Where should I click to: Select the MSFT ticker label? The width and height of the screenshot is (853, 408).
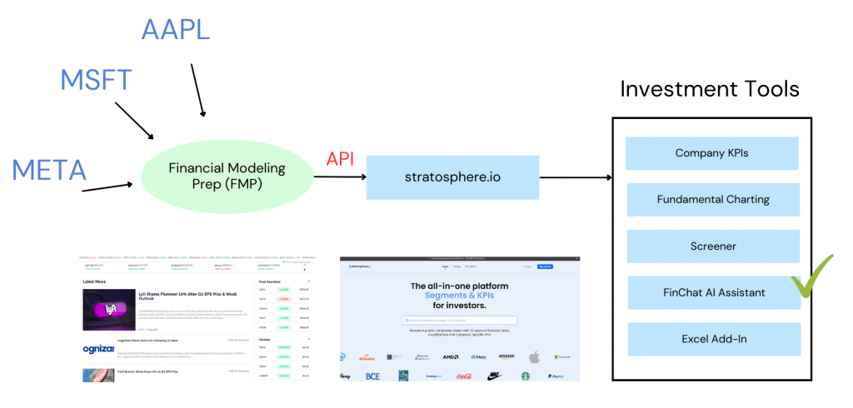point(96,81)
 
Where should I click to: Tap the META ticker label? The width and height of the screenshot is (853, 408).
point(49,170)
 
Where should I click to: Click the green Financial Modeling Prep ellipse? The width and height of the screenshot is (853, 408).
point(227,176)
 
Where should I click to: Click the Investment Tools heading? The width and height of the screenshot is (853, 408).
point(710,88)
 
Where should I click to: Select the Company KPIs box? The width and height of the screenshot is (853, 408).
point(711,153)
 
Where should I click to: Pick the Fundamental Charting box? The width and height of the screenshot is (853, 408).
point(711,200)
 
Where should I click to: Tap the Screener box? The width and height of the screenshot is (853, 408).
point(711,246)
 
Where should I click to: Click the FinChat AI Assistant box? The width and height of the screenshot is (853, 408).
point(711,293)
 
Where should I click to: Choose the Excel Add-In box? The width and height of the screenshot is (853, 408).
point(711,339)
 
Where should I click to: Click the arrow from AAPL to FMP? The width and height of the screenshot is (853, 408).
point(197,88)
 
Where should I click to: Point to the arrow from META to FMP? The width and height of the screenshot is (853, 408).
point(107,187)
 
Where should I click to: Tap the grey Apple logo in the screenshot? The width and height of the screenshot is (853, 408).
point(534,356)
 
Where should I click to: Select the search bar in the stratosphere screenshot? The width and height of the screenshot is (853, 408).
point(459,319)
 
